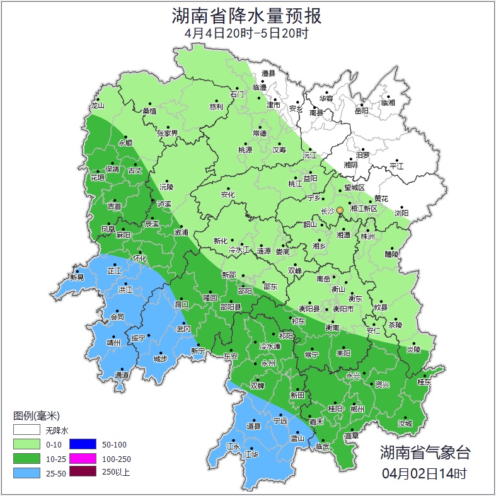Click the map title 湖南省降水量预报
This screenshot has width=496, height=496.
247,16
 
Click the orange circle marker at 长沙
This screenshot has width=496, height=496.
340,210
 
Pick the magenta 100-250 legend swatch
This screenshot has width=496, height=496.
82,458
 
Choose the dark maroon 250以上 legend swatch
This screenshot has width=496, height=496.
82,471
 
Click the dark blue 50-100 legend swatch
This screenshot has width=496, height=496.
82,444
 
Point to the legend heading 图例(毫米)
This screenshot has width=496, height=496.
36,416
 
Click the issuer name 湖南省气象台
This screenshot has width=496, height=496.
425,452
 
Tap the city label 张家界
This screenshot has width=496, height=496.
168,134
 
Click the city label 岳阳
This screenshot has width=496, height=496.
361,112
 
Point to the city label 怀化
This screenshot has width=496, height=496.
140,258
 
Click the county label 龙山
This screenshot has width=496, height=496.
97,106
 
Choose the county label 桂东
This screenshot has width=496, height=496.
424,382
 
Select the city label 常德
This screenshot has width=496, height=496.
259,134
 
